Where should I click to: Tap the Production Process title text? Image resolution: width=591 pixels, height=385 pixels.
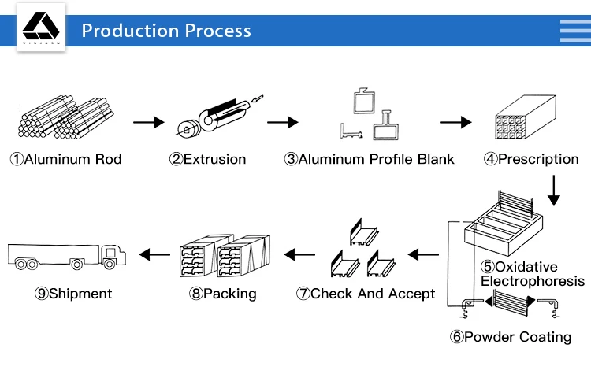pos(166,31)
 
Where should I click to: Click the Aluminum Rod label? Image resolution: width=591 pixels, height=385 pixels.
pos(66,160)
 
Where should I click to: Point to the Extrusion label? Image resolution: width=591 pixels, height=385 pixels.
pos(208,160)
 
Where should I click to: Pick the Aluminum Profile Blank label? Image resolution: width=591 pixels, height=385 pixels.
pos(370,160)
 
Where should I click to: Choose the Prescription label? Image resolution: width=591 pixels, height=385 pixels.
pos(532,160)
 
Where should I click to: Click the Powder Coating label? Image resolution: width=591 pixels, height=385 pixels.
pos(511,338)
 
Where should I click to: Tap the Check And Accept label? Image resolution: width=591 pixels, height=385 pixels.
pos(366,294)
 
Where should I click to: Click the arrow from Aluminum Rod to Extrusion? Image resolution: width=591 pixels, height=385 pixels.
pos(148,122)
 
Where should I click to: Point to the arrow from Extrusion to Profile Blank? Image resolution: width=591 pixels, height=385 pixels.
pos(283,122)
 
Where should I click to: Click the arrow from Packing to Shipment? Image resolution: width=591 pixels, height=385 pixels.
pos(154,254)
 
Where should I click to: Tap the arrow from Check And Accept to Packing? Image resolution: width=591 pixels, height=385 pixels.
pos(299,254)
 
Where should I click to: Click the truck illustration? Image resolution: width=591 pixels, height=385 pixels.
pos(66,254)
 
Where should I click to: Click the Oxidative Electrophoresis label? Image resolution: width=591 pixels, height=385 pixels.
pos(533,274)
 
